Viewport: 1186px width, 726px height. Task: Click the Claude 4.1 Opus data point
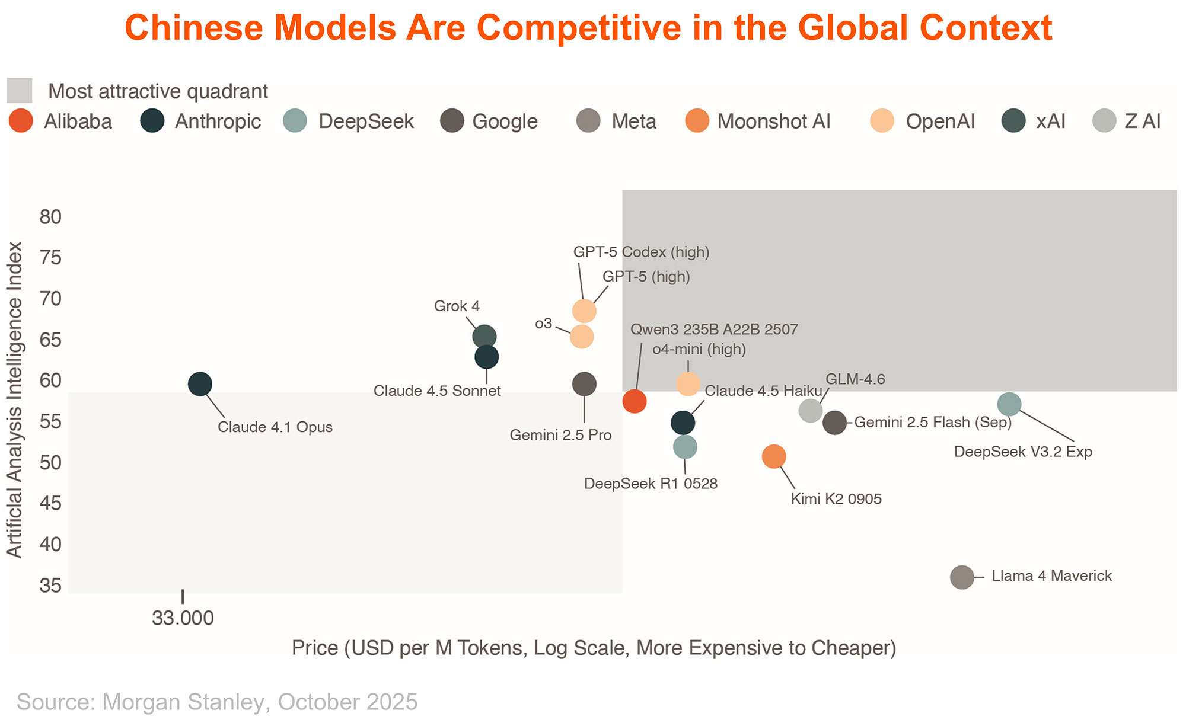[200, 384]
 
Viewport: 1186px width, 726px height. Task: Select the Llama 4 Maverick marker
[962, 577]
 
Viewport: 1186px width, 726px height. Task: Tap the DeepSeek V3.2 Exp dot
[1009, 405]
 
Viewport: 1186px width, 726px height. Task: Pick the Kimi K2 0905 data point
[773, 456]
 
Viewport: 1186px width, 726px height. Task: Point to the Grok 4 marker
[484, 337]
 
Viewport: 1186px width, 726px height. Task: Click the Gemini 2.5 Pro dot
[584, 384]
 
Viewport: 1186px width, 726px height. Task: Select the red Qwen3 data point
[635, 401]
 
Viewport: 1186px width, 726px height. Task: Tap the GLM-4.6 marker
[810, 410]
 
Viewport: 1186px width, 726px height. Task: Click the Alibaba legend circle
[21, 121]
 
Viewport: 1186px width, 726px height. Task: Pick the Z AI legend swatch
[1104, 121]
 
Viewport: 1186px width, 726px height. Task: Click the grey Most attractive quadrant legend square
[19, 91]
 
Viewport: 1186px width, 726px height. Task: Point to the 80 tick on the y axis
[51, 217]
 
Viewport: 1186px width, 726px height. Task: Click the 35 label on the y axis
[51, 586]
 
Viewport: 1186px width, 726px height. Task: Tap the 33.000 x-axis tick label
[183, 618]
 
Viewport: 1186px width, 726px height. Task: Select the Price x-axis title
[594, 648]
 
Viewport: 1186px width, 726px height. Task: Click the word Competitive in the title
[578, 27]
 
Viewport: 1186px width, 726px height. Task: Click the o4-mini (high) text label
[699, 349]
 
